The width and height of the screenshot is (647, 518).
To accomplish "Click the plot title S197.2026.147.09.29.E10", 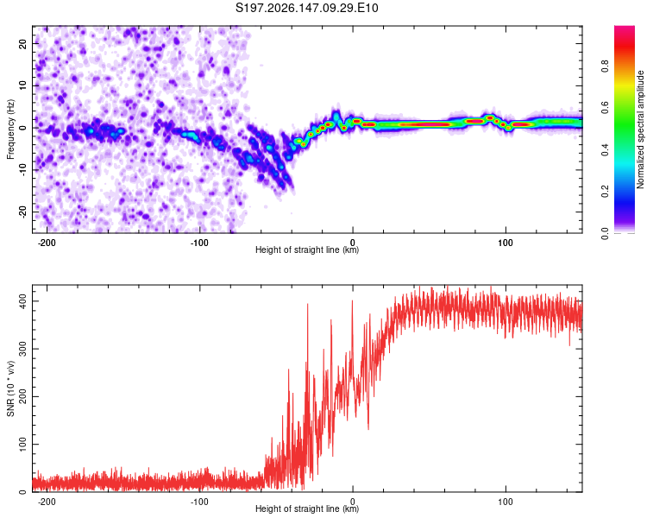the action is click(306, 8).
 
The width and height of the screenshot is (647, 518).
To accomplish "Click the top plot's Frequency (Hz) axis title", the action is click(10, 129).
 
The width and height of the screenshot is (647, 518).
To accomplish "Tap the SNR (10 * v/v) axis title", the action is click(10, 388).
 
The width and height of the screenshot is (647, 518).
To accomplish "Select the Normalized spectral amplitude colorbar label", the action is click(640, 129).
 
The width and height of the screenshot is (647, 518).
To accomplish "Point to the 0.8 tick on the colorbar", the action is click(605, 66).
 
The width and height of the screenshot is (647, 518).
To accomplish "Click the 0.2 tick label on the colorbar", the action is click(605, 192).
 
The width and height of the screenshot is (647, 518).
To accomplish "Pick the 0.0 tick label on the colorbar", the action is click(605, 234).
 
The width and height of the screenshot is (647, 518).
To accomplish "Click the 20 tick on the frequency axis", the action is click(22, 43).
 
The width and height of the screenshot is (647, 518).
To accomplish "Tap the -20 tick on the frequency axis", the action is click(22, 212).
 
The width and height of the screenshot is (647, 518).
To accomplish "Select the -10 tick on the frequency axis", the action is click(22, 170).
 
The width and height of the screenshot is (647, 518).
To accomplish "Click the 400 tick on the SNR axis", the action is click(22, 301).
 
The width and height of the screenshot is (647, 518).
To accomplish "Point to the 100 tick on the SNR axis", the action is click(22, 444).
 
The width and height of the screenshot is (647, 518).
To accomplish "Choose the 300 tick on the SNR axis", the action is click(22, 349).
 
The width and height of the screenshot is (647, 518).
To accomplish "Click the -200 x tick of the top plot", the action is click(47, 243).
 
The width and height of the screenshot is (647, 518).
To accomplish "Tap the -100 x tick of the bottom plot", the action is click(199, 502).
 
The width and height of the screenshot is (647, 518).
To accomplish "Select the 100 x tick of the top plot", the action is click(506, 243).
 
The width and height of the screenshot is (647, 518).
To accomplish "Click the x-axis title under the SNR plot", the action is click(307, 509).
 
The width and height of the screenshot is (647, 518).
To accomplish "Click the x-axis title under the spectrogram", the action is click(307, 250).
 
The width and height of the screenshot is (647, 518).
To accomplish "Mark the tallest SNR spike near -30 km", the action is click(307, 305).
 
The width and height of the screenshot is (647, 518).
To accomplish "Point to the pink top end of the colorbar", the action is click(625, 28).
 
